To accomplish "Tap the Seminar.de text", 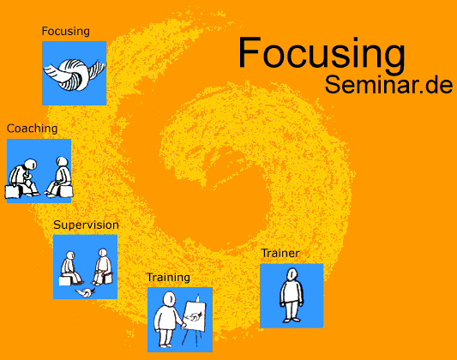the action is click(x=388, y=85).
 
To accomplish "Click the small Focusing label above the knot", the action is click(x=65, y=31).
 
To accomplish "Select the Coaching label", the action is click(x=32, y=129).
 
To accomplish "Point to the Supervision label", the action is click(x=86, y=225).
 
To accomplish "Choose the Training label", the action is click(x=168, y=277).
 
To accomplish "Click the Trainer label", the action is click(x=280, y=253).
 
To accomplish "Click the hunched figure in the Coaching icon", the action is click(x=24, y=177).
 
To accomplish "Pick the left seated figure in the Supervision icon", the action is click(x=71, y=268).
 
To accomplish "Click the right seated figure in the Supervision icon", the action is click(x=102, y=267).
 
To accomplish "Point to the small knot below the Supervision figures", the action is click(x=86, y=292).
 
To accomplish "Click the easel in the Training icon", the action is click(x=194, y=320).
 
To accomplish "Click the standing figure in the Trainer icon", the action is click(x=292, y=295).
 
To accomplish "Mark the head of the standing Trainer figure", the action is click(x=292, y=274).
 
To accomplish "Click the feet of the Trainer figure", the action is click(x=292, y=320).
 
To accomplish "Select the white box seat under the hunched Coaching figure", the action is click(x=12, y=191).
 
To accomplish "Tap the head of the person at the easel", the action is click(x=169, y=299).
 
